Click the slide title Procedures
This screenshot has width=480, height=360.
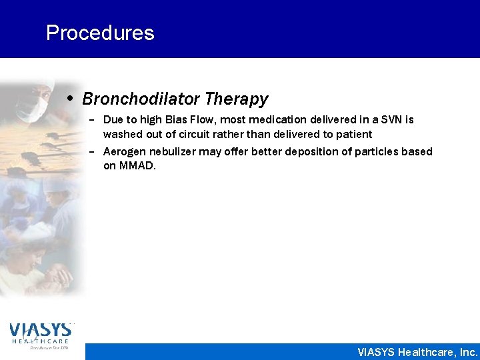click(x=100, y=33)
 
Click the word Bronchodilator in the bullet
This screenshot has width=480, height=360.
click(x=141, y=99)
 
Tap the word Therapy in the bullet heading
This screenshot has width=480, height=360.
click(x=237, y=99)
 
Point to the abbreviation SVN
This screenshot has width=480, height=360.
click(x=391, y=120)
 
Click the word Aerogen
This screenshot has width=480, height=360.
click(x=125, y=152)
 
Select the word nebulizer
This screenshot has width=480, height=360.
click(x=173, y=152)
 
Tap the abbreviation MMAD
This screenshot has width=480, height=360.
click(x=137, y=166)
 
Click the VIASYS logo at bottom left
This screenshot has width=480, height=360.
click(x=40, y=329)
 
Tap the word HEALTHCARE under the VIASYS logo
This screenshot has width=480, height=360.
click(x=40, y=341)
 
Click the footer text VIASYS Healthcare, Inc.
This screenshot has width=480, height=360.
click(x=417, y=352)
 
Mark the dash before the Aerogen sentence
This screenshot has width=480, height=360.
click(x=91, y=152)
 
